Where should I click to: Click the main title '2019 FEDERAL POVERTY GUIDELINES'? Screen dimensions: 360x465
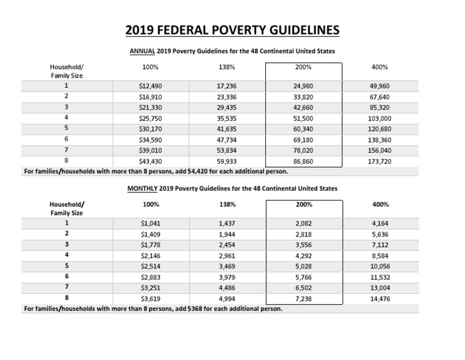coord(232,30)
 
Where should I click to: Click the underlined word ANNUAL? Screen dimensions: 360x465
coord(143,52)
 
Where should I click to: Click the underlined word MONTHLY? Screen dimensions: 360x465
coord(141,189)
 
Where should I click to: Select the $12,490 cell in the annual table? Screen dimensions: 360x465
coord(150,86)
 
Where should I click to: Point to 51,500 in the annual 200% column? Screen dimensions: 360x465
coord(302,118)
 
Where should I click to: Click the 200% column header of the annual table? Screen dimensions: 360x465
coord(304,67)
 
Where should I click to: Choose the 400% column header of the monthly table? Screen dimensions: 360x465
coord(380,205)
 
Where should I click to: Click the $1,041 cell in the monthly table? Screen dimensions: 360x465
coord(150,224)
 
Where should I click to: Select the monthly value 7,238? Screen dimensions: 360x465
coord(303,299)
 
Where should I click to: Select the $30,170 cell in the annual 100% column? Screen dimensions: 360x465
coord(150,129)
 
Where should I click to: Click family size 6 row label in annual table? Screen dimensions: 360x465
coord(65,139)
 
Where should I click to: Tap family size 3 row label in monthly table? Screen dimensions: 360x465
coord(65,244)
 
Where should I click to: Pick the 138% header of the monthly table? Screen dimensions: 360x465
coord(227,205)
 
